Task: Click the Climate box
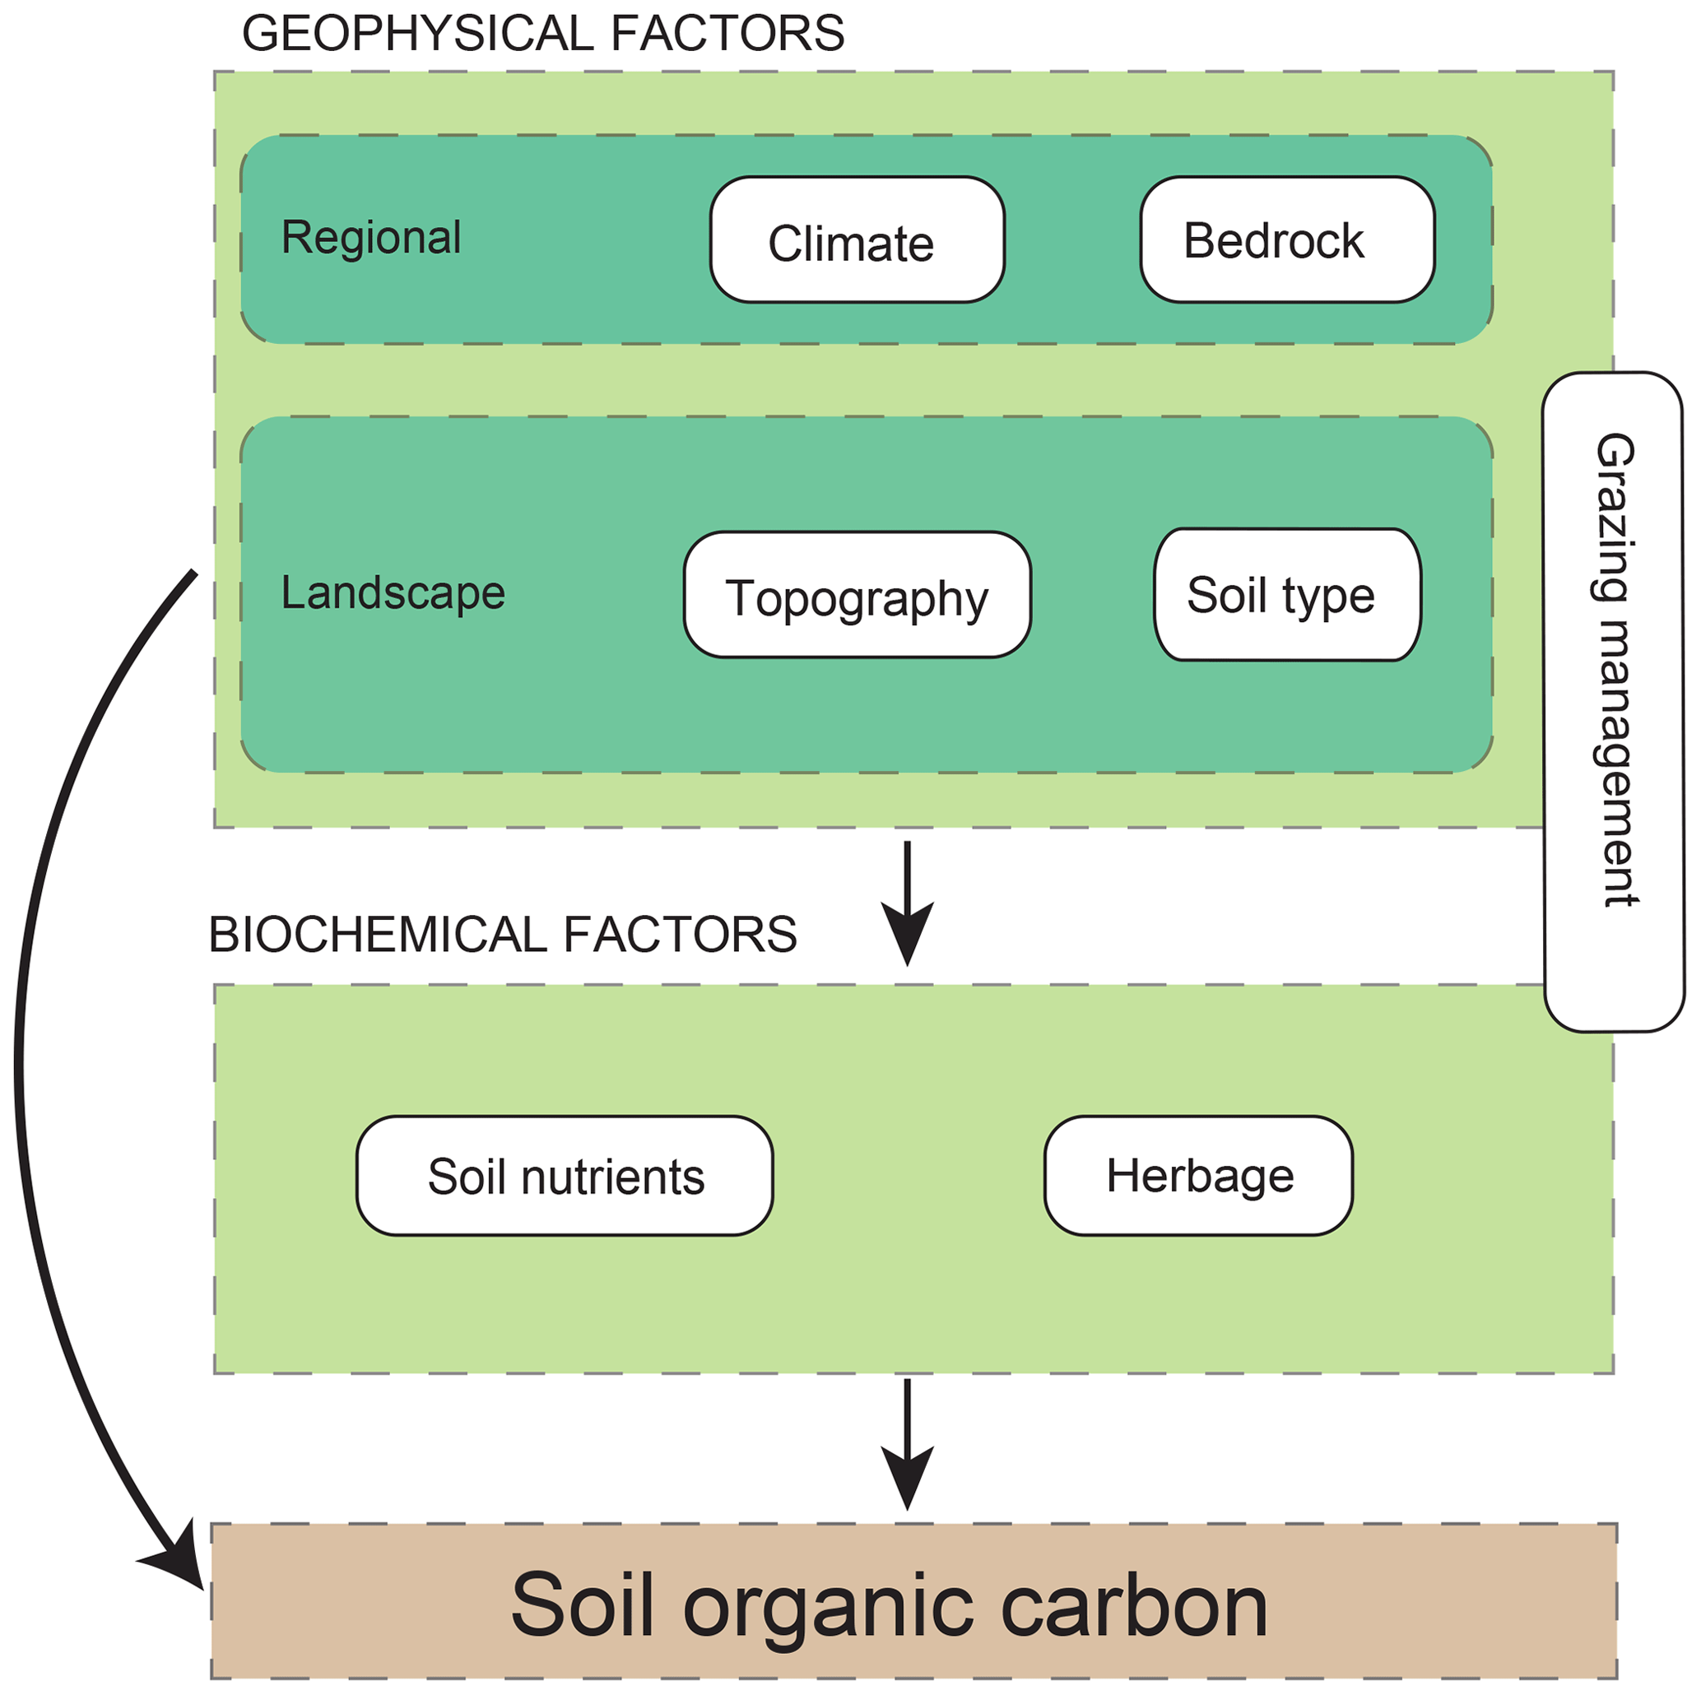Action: coord(857,239)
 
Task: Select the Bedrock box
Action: coord(1286,239)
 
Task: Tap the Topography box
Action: coord(857,595)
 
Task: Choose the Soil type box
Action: coord(1286,595)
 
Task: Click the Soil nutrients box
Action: coord(565,1177)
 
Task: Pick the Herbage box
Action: coord(1198,1177)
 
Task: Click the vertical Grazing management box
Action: coord(1613,702)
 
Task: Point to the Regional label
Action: coord(370,237)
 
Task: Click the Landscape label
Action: coord(393,592)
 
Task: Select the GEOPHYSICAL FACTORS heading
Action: coord(542,34)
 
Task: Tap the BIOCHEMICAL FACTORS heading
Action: coord(502,934)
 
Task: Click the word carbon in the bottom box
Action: coord(1133,1605)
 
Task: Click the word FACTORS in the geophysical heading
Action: coord(727,34)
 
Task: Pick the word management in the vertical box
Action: coord(1615,763)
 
